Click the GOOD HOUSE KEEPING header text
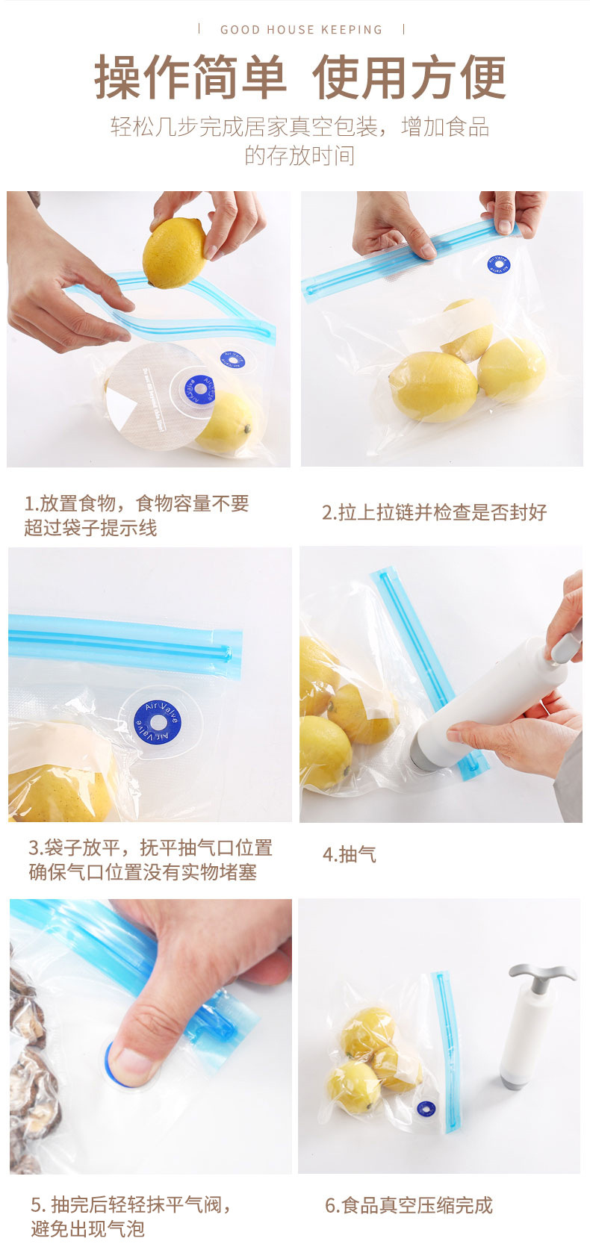(301, 30)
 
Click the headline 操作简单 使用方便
(300, 78)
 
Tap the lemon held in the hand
(174, 253)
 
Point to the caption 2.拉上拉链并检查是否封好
(434, 512)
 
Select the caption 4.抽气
(350, 854)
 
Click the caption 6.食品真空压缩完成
(409, 1204)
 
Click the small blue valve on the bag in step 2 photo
(498, 264)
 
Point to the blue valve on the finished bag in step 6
(426, 1110)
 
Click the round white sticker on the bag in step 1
(153, 396)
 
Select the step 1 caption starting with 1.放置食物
(136, 515)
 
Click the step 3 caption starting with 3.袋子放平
(150, 859)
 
